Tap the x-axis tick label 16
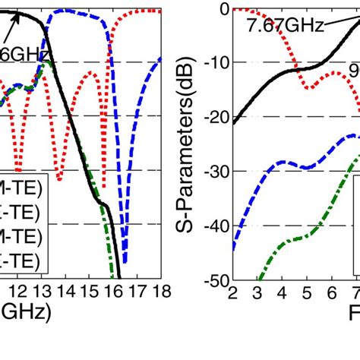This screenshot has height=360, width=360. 113,291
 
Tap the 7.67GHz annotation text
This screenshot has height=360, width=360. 283,25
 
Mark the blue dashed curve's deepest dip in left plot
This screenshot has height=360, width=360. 125,261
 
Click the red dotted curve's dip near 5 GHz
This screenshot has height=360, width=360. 308,88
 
